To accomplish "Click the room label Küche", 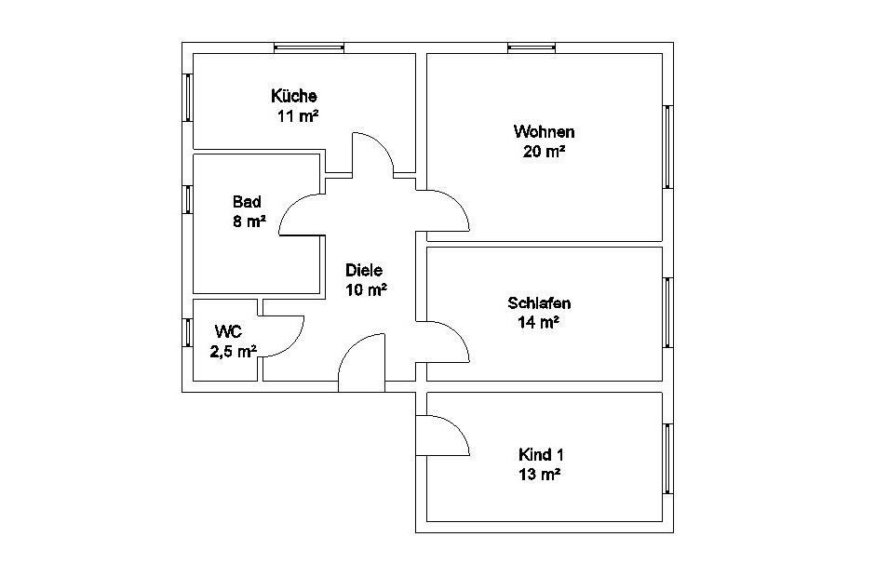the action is pos(294,96).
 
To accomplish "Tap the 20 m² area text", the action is pos(545,151).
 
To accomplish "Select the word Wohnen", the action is pos(545,132).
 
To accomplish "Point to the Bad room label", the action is pos(247,201).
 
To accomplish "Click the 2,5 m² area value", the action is pos(234,352).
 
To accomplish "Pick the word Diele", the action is pos(364,270).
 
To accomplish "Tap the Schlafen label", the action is pos(539,303).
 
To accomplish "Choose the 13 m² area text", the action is pos(539,475).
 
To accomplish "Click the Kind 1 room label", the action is pos(541,455).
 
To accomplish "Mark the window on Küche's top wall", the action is pos(309,48).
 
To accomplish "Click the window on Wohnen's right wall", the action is pos(668,147).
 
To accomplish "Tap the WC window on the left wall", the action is pos(188,332).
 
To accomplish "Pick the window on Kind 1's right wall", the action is pos(668,459).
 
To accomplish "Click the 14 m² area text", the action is pos(539,323).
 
